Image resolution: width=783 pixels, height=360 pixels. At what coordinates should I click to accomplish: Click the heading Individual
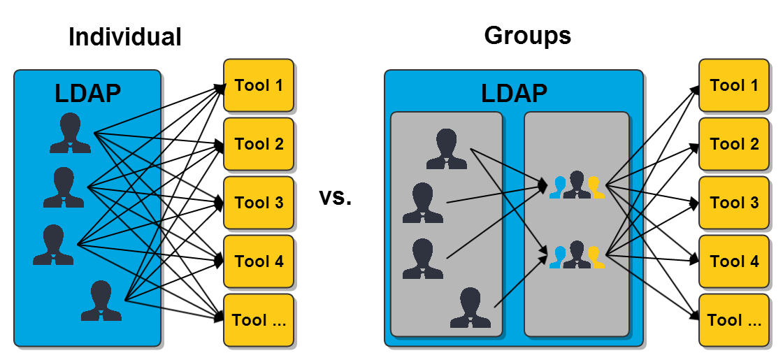[x=124, y=36]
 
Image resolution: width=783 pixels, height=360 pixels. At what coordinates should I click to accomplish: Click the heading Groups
[x=527, y=35]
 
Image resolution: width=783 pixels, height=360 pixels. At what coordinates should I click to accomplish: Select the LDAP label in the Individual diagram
[x=87, y=93]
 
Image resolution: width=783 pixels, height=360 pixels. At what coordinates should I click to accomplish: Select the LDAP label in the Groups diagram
[x=514, y=93]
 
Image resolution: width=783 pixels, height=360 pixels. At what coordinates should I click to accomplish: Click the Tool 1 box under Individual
[x=259, y=86]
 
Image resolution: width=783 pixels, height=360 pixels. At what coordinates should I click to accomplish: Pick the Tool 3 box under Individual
[x=259, y=203]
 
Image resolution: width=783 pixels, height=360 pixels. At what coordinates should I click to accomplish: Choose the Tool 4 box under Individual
[x=259, y=261]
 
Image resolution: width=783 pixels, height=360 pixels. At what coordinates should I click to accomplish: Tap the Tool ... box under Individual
[x=259, y=320]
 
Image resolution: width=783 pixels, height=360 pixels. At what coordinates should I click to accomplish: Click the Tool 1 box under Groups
[x=733, y=86]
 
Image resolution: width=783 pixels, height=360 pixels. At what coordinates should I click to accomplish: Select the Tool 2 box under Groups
[x=733, y=144]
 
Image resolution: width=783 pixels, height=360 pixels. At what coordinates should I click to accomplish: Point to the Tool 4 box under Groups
[x=733, y=261]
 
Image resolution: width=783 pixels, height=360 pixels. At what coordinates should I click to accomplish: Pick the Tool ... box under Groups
[x=733, y=320]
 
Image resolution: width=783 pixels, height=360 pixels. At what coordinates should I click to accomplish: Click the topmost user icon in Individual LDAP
[x=70, y=133]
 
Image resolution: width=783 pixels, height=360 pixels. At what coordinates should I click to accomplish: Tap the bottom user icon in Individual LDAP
[x=101, y=301]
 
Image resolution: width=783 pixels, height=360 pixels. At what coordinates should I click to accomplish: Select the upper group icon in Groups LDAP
[x=577, y=186]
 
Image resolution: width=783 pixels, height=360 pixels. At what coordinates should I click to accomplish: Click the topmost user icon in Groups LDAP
[x=447, y=149]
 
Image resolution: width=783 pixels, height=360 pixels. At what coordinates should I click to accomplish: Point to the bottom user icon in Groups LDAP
[x=470, y=308]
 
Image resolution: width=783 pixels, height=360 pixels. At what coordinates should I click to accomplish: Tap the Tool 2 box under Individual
[x=259, y=144]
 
